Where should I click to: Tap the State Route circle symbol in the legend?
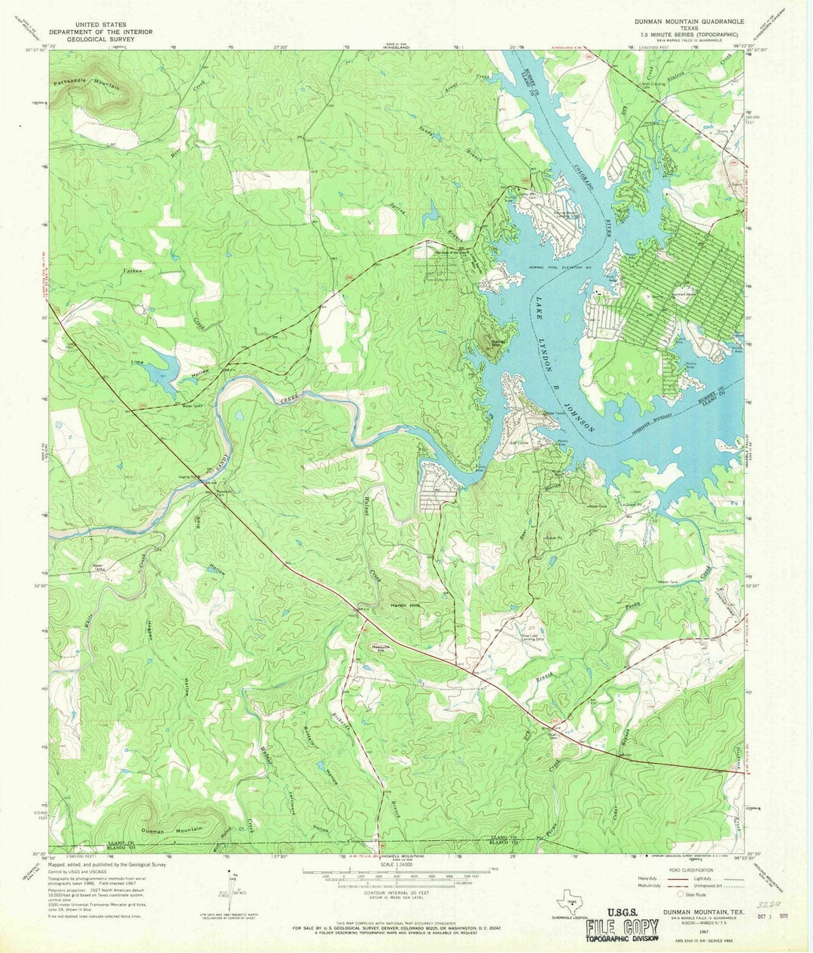click(681, 894)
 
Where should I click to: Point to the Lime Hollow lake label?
click(138, 362)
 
